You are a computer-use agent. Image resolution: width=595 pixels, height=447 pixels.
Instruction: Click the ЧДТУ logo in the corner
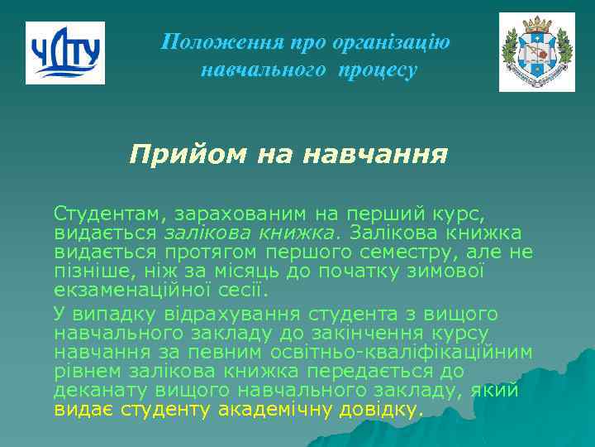pos(65,53)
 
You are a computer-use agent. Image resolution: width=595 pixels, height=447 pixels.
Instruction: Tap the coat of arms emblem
pos(536,52)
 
